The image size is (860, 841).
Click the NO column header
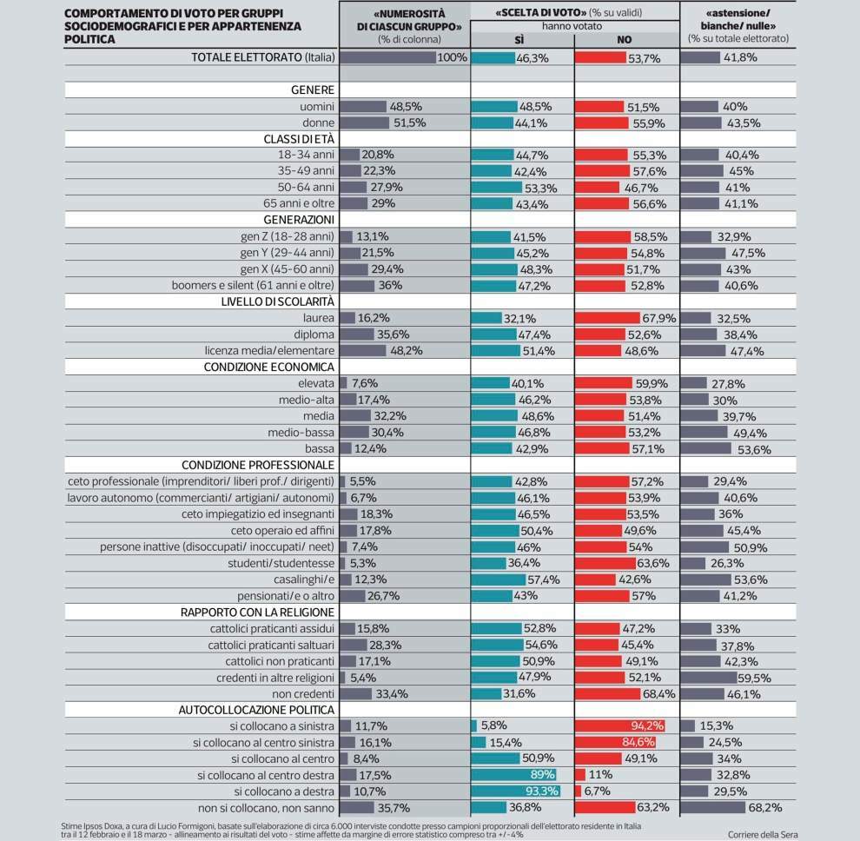(x=624, y=39)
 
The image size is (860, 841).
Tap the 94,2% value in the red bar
(x=644, y=725)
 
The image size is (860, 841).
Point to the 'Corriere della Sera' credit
(x=762, y=834)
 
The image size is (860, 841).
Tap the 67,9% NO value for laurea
(x=658, y=319)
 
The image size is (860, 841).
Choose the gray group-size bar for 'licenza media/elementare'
(x=363, y=351)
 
